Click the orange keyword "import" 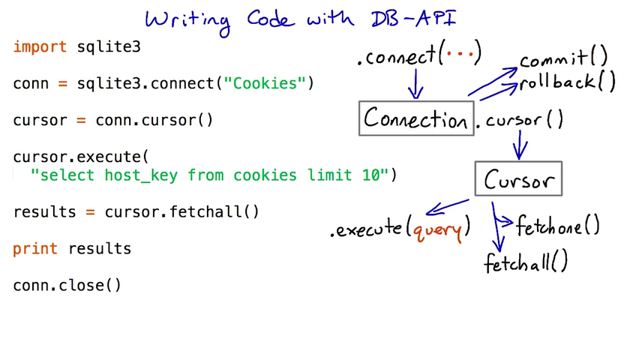[40, 47]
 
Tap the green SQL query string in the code [210, 175]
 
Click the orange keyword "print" [35, 249]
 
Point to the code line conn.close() [67, 285]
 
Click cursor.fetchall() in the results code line [181, 212]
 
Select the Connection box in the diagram [416, 118]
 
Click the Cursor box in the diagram [518, 180]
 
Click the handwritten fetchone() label [557, 226]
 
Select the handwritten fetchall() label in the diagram [526, 262]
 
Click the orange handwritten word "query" [437, 229]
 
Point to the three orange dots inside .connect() [459, 55]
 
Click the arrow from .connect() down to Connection [415, 84]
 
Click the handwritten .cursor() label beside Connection [524, 121]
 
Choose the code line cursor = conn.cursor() [112, 120]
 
